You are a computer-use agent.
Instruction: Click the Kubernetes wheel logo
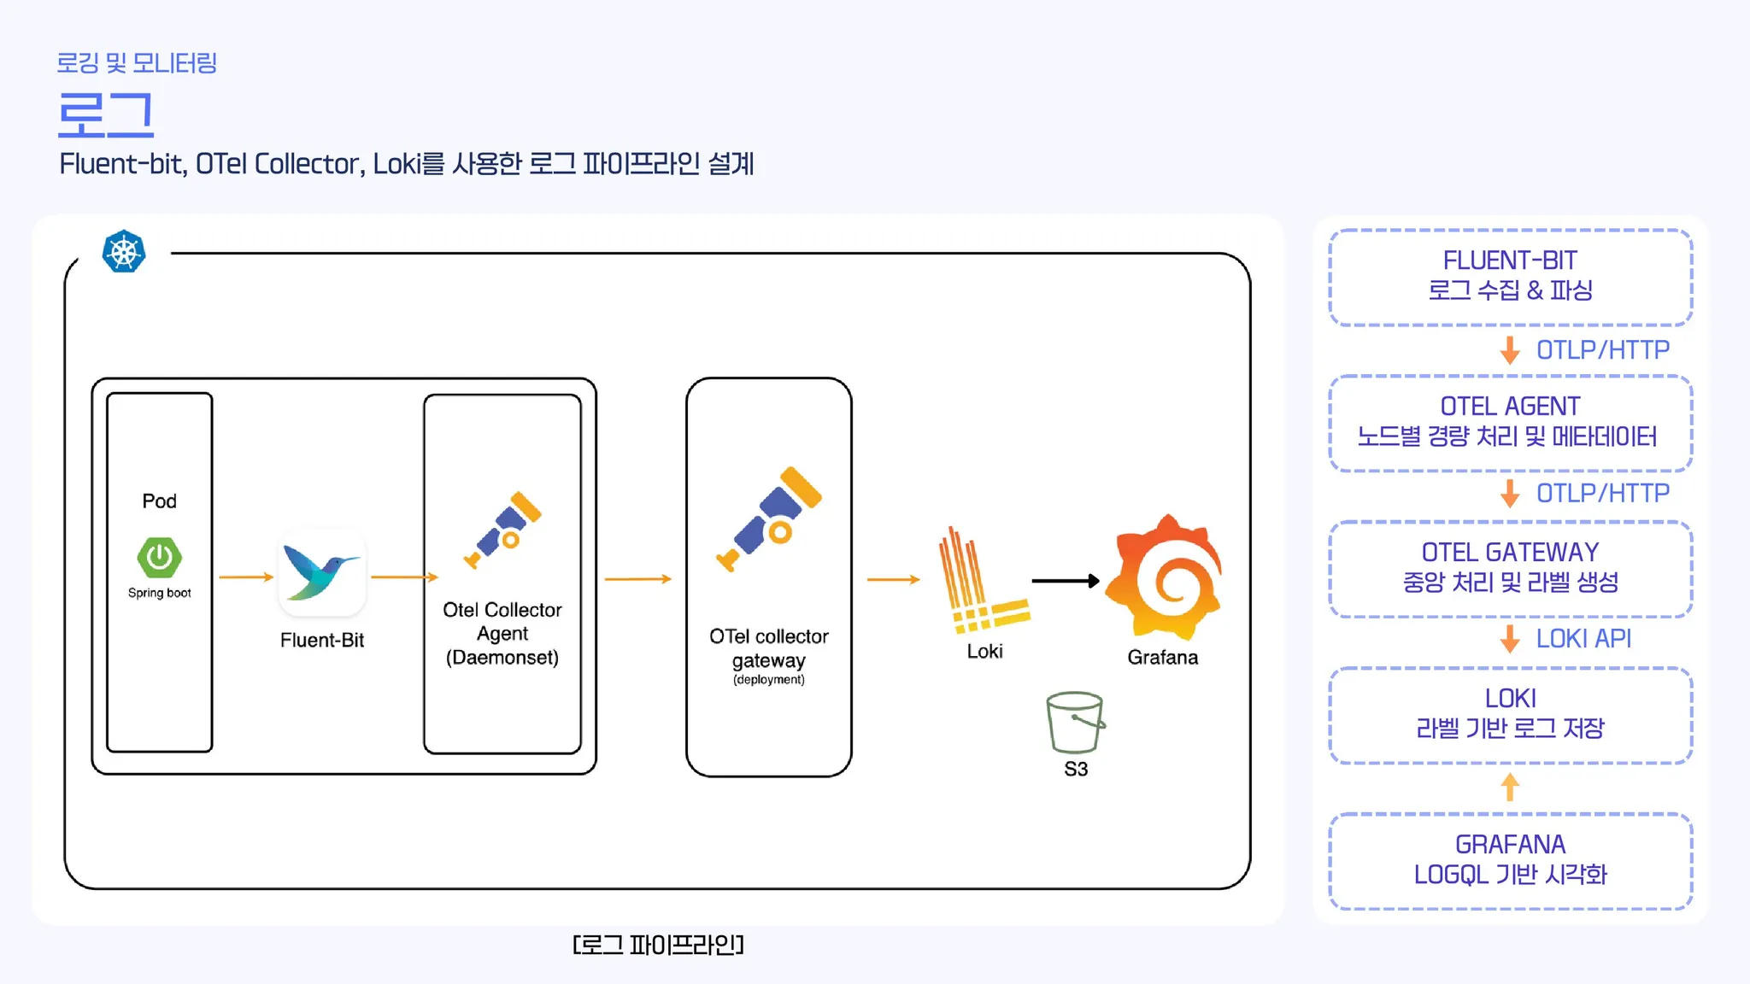click(124, 252)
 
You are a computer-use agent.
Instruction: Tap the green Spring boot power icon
click(159, 558)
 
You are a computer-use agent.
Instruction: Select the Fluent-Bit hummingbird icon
click(321, 572)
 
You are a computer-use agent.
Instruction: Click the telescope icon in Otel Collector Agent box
click(503, 530)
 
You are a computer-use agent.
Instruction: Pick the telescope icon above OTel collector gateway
click(768, 519)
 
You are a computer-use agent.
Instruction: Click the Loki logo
click(982, 580)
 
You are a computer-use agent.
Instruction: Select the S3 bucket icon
click(1075, 722)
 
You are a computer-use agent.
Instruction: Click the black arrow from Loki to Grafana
click(1065, 581)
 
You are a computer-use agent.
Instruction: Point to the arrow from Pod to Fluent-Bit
click(246, 577)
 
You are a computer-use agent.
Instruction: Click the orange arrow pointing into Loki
click(893, 580)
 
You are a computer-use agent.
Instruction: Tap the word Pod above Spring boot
click(159, 501)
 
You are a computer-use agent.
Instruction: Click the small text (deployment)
click(768, 680)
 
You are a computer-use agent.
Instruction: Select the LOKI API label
click(1583, 639)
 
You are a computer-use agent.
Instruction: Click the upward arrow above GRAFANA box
click(1510, 787)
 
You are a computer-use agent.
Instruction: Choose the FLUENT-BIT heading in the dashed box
click(1510, 261)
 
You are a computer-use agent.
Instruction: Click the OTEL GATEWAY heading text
click(1510, 553)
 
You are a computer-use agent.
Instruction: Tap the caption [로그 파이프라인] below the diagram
click(658, 945)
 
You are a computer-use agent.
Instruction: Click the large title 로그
click(105, 114)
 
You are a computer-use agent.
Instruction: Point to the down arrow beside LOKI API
click(1510, 639)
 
